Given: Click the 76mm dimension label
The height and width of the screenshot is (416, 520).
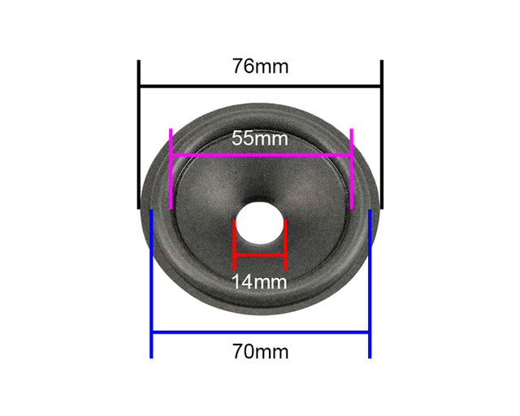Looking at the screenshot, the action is [260, 67].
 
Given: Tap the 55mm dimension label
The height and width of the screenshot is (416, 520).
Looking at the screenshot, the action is [260, 138].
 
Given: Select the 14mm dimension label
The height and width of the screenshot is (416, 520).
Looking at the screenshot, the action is [259, 282].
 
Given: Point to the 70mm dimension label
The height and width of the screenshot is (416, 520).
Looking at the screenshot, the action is [260, 352].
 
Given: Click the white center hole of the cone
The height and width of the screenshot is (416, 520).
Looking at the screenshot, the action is [260, 223].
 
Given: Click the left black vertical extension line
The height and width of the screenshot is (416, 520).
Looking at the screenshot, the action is [139, 134].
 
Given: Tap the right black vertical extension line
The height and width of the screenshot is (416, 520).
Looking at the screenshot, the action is [382, 134].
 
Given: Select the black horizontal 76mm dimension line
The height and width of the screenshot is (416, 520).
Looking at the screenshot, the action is [260, 87].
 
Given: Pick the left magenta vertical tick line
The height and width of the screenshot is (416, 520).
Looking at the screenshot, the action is [171, 169].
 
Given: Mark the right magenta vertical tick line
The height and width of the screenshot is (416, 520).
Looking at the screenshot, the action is [352, 169].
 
